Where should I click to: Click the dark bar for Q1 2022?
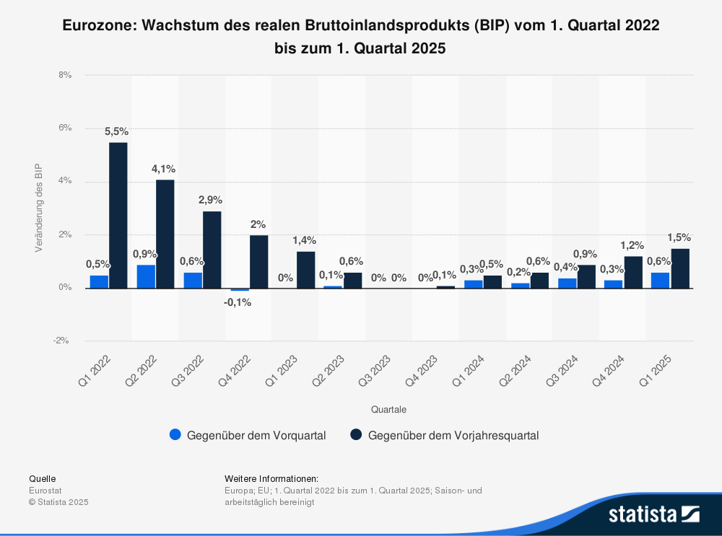(118, 215)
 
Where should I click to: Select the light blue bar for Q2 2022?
(146, 276)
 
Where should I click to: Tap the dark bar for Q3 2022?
(212, 250)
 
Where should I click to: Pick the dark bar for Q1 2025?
(680, 268)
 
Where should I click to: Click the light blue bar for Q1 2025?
(660, 280)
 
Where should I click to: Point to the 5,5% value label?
(116, 131)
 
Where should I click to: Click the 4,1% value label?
(163, 169)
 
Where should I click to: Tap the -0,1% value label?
(238, 302)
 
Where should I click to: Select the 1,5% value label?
(679, 237)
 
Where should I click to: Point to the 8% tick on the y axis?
(65, 75)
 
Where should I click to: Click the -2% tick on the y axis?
(64, 341)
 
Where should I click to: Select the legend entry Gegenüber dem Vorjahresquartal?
(453, 435)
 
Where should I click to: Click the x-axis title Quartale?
(388, 409)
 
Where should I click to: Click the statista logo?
(653, 514)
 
